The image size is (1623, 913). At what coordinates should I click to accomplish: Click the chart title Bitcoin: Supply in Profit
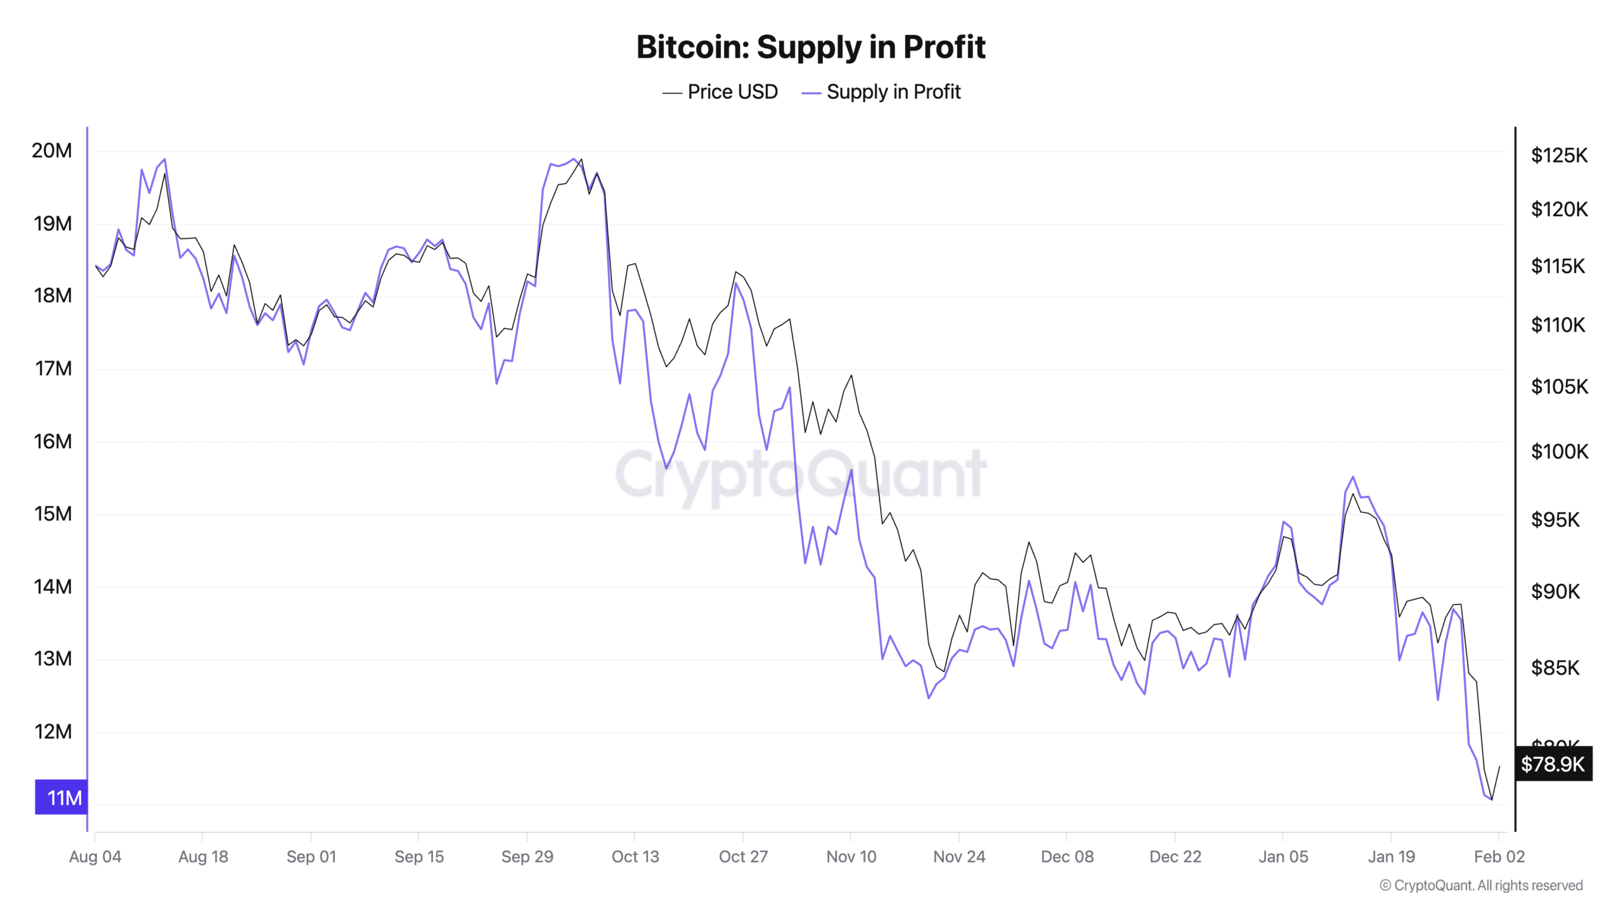pyautogui.click(x=811, y=47)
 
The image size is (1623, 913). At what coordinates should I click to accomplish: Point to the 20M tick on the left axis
pyautogui.click(x=52, y=151)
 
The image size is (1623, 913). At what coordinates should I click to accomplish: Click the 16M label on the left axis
pyautogui.click(x=52, y=441)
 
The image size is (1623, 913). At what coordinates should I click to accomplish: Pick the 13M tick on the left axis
pyautogui.click(x=52, y=659)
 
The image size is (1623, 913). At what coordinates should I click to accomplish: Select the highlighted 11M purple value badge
pyautogui.click(x=61, y=797)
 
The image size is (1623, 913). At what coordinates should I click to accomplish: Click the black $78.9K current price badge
pyautogui.click(x=1553, y=764)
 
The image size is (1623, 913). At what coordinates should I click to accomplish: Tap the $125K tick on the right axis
pyautogui.click(x=1559, y=155)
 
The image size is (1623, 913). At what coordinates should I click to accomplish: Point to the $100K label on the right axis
pyautogui.click(x=1559, y=451)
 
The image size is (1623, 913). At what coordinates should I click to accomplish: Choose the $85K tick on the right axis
pyautogui.click(x=1555, y=668)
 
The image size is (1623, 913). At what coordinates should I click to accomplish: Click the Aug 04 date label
pyautogui.click(x=95, y=857)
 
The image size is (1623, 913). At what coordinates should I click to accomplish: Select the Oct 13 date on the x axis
pyautogui.click(x=635, y=857)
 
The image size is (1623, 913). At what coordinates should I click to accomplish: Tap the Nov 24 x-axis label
pyautogui.click(x=959, y=857)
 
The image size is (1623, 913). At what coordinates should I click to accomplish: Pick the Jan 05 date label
pyautogui.click(x=1283, y=857)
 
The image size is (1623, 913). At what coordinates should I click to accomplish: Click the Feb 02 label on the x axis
pyautogui.click(x=1499, y=857)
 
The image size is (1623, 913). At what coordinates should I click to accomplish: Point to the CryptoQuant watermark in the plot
pyautogui.click(x=801, y=474)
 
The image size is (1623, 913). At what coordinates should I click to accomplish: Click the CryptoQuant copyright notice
pyautogui.click(x=1481, y=886)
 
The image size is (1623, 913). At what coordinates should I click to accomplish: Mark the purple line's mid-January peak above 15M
pyautogui.click(x=1353, y=477)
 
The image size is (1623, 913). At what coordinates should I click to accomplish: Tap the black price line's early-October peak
pyautogui.click(x=581, y=159)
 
